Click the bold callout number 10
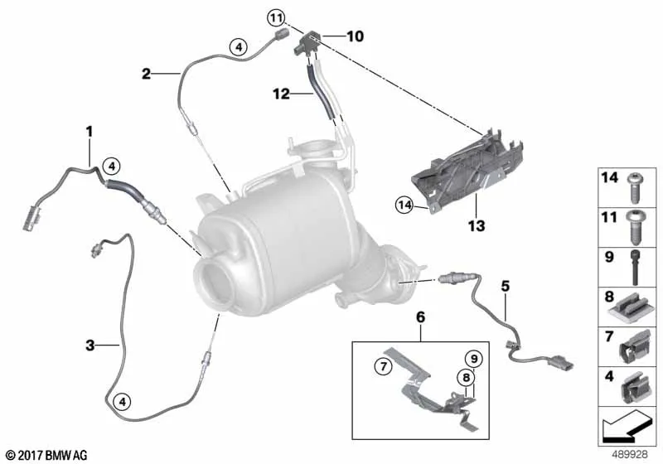coord(355,36)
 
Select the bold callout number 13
coord(476,225)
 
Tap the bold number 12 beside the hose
coord(281,94)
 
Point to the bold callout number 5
coord(506,287)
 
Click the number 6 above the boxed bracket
coord(421,317)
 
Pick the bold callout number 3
coord(90,346)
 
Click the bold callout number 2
coord(146,74)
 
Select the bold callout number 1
coord(90,132)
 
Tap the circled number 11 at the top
coord(276,18)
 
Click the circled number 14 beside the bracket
coord(404,205)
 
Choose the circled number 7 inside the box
coord(383,366)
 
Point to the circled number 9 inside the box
coord(474,359)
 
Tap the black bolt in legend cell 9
coord(636,267)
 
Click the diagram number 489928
coord(630,455)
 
